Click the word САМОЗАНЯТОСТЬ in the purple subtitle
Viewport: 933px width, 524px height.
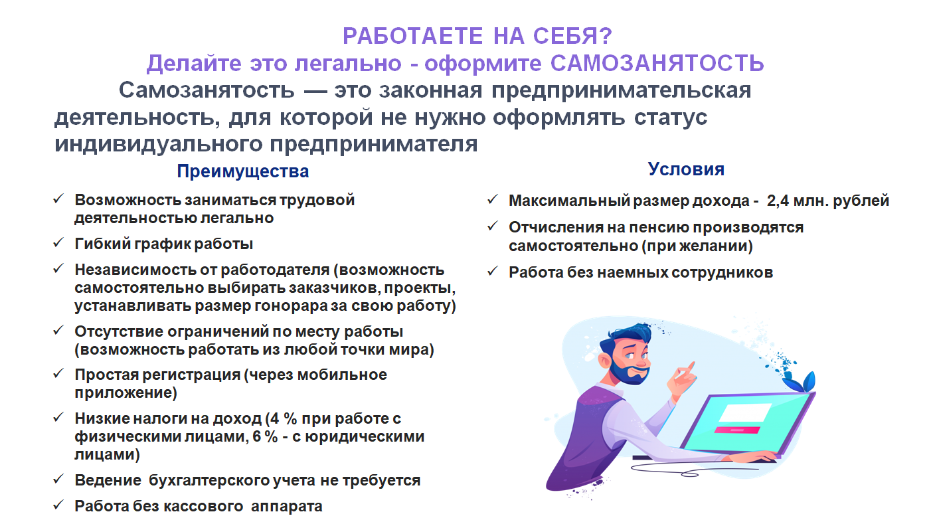[x=657, y=63]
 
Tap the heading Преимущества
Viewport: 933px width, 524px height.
[x=243, y=171]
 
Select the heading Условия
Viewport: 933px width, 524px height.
[x=686, y=169]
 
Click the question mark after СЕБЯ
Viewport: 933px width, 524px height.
[x=606, y=36]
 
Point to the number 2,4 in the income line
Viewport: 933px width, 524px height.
[x=778, y=201]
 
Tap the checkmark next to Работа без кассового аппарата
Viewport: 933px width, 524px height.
[x=58, y=505]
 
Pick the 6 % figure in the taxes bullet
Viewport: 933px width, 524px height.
[x=265, y=436]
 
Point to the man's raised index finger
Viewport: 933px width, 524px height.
[x=690, y=367]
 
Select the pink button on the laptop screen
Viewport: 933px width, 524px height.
[x=737, y=430]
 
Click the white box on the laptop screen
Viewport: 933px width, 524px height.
[x=745, y=413]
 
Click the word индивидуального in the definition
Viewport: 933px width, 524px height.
[x=159, y=144]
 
